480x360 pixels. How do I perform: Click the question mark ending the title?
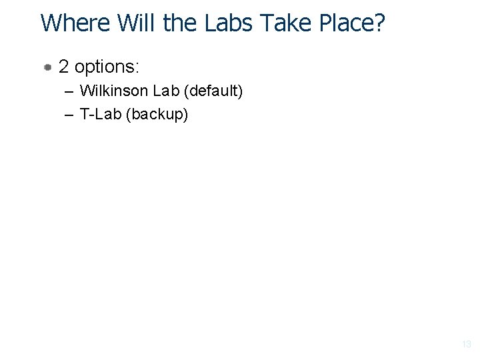coord(379,23)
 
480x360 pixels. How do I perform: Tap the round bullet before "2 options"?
coord(48,67)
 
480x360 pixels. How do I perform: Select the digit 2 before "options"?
coord(63,67)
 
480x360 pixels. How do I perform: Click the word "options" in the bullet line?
coord(103,67)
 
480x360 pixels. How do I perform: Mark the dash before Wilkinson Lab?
coord(70,91)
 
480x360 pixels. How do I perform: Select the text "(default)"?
coord(212,91)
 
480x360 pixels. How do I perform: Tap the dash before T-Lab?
coord(70,115)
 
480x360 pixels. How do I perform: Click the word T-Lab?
coord(101,114)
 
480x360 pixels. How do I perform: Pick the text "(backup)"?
coord(158,115)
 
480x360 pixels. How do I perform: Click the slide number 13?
coord(466,345)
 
